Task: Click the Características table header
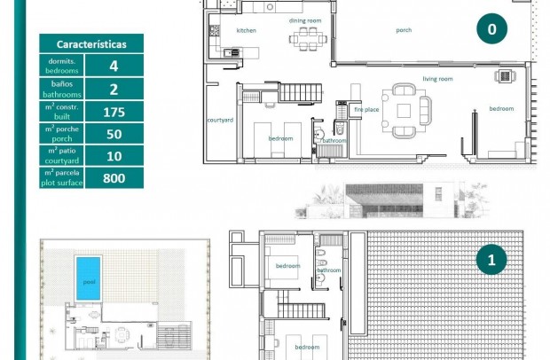pos(91,43)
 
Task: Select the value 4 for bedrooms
pos(114,66)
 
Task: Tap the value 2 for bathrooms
pos(114,89)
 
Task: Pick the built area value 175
pos(114,112)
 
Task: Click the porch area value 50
pos(114,134)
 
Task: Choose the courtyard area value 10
pos(114,156)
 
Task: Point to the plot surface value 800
pos(114,178)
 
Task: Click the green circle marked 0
pos(491,28)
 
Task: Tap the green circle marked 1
pos(491,260)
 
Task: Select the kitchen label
pos(246,30)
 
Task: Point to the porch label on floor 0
pos(404,30)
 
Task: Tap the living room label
pos(437,79)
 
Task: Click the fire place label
pos(366,109)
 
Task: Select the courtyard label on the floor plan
pos(220,120)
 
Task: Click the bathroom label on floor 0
pos(334,141)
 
